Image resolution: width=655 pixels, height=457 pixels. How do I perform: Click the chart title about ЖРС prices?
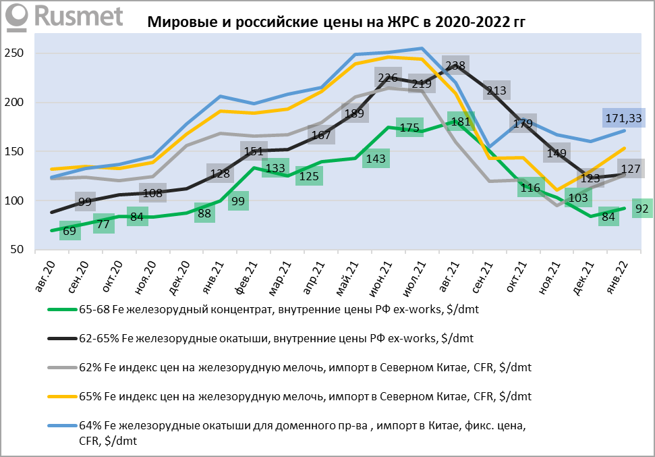tap(336, 22)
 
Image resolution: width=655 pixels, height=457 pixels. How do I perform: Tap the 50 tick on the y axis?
tap(17, 250)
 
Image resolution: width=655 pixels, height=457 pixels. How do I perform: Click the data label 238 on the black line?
tap(456, 66)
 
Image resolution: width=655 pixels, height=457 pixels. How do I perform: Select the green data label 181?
tap(460, 122)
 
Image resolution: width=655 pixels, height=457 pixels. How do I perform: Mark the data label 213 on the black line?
tap(495, 90)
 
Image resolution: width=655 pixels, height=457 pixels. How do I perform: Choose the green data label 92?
tap(641, 209)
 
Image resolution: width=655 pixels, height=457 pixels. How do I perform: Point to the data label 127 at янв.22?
tap(630, 169)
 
